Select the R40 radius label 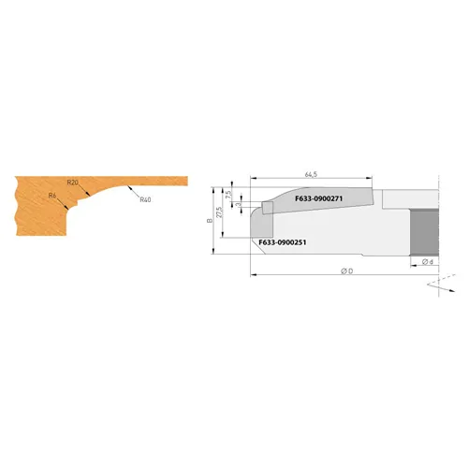click(145, 199)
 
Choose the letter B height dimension click(211, 222)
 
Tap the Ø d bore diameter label click(427, 262)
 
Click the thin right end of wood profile click(178, 180)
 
